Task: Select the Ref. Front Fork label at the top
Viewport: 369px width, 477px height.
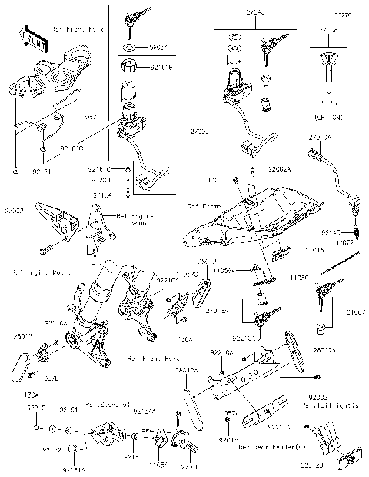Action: point(76,29)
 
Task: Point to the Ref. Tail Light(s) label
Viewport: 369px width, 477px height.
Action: point(330,405)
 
